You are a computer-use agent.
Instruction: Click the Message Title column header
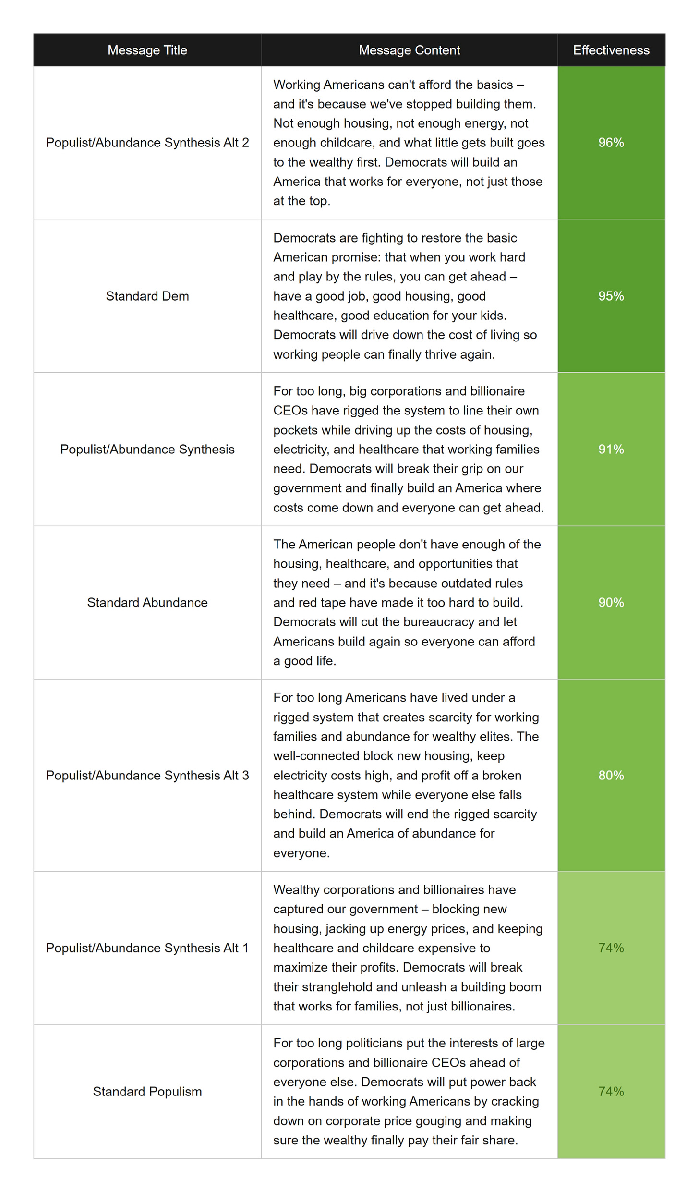coord(147,50)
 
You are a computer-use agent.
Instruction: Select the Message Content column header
coord(409,50)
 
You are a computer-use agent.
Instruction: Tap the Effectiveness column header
coord(611,50)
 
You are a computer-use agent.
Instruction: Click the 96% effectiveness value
coord(611,143)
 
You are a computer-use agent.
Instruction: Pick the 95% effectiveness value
coord(611,296)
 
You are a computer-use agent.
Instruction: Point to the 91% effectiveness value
coord(611,449)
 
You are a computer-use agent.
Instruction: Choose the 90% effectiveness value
coord(611,602)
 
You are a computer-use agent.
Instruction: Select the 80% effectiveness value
coord(611,775)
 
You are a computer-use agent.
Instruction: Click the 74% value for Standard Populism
coord(611,1092)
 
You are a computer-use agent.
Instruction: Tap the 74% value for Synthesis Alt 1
coord(611,948)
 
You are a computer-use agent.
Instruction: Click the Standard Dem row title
coord(147,296)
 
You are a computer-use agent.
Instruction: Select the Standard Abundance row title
coord(147,602)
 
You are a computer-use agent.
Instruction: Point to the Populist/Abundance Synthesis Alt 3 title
coord(147,775)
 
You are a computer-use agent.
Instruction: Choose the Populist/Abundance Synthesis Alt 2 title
coord(147,143)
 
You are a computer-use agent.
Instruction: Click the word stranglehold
coord(336,987)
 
